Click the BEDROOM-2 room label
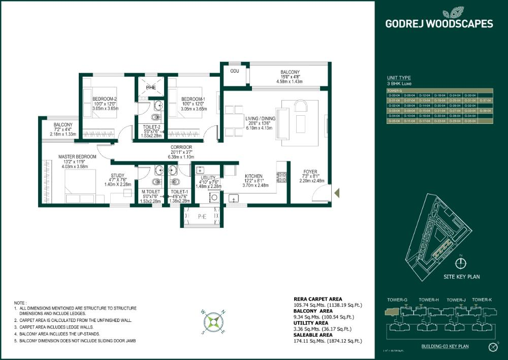click(105, 99)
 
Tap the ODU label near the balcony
click(234, 71)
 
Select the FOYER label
click(310, 171)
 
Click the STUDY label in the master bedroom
click(118, 176)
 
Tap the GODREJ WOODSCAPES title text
click(439, 23)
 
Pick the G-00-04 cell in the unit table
click(394, 95)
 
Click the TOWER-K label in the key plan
click(481, 300)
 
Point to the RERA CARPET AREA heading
click(317, 299)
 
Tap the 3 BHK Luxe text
click(400, 83)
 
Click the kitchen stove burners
click(281, 177)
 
